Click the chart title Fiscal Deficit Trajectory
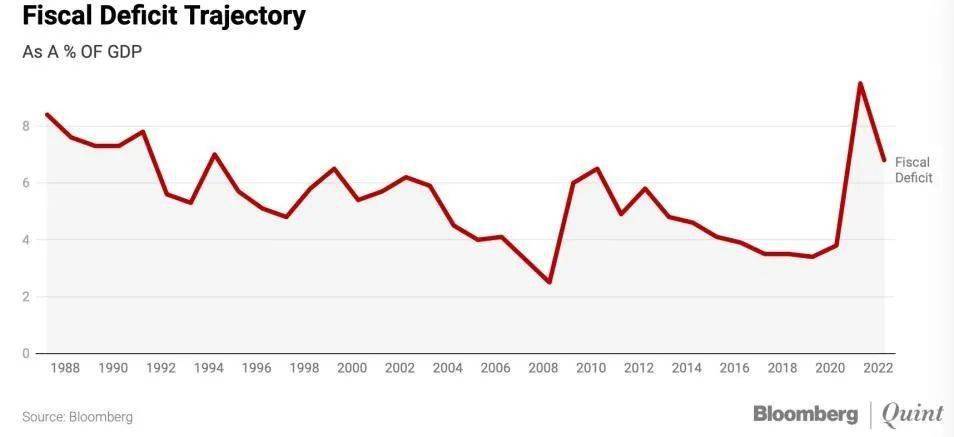[164, 17]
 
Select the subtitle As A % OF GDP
[82, 52]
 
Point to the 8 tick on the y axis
[27, 127]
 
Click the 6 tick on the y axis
[27, 183]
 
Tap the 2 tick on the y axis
[27, 297]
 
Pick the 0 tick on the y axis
[27, 353]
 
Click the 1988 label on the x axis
[65, 368]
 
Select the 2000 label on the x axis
[352, 368]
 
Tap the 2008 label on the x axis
[543, 368]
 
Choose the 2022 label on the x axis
[879, 368]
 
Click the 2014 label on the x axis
[687, 368]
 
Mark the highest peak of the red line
[860, 83]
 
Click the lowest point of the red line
[549, 282]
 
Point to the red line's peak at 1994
[214, 154]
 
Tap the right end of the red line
[884, 161]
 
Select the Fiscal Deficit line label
[913, 170]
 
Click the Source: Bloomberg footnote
[77, 418]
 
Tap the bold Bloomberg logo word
[806, 414]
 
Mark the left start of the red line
[47, 114]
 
